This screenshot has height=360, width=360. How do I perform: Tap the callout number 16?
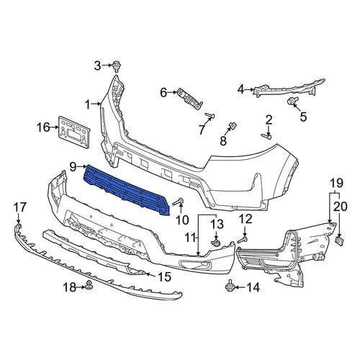pyautogui.click(x=43, y=127)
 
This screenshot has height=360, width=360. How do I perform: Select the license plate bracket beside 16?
pyautogui.click(x=74, y=132)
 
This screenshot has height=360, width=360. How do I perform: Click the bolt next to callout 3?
pyautogui.click(x=117, y=66)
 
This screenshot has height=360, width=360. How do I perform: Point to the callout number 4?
pyautogui.click(x=240, y=90)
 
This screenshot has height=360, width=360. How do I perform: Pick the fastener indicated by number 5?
pyautogui.click(x=292, y=101)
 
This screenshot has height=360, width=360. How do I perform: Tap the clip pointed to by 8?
pyautogui.click(x=232, y=125)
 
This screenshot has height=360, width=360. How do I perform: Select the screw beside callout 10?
pyautogui.click(x=178, y=202)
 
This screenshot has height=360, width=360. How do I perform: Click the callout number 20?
pyautogui.click(x=341, y=206)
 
